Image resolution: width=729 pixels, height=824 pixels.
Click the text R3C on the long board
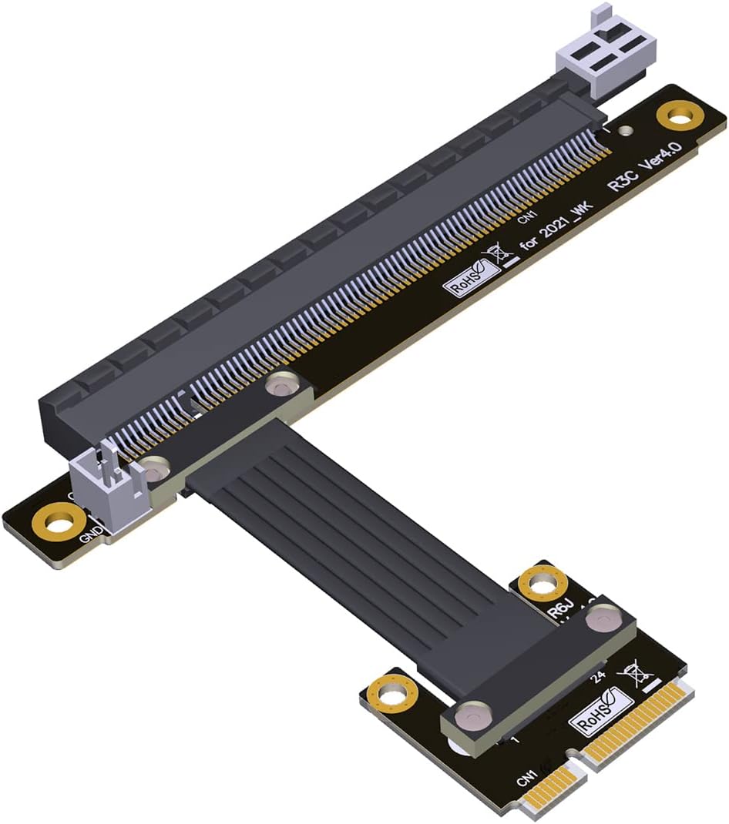coord(621,193)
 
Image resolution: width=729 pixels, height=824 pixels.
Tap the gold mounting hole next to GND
coord(53,521)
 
